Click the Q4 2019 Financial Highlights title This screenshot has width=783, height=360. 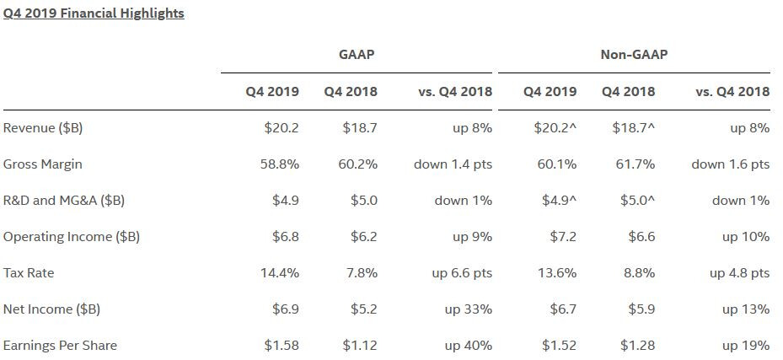click(x=94, y=13)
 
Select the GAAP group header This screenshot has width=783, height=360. click(x=356, y=55)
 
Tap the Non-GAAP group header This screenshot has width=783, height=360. click(x=634, y=55)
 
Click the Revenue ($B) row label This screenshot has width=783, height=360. click(x=43, y=128)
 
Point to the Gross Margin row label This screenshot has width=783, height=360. click(x=43, y=164)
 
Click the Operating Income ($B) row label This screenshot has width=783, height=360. click(x=72, y=237)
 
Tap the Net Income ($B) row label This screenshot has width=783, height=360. click(x=51, y=309)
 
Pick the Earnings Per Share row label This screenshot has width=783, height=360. click(x=60, y=346)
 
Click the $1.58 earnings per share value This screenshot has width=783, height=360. click(x=281, y=346)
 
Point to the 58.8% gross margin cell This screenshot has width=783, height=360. click(x=280, y=164)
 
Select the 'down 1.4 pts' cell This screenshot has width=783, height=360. click(x=453, y=164)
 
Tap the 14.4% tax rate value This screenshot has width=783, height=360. click(x=280, y=273)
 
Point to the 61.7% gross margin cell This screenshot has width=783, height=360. click(x=636, y=164)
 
